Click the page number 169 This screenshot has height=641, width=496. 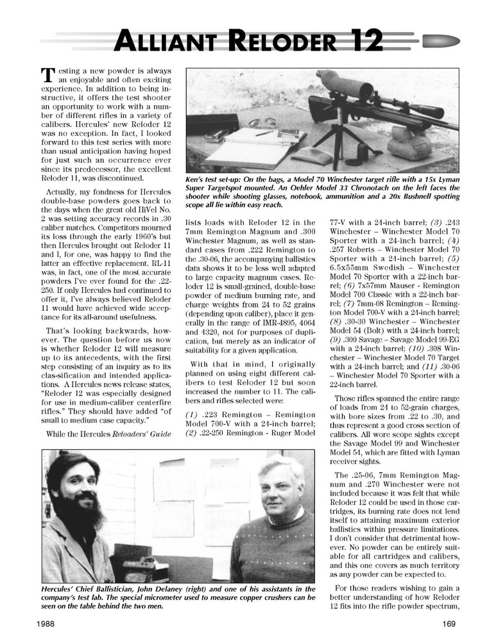449,622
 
